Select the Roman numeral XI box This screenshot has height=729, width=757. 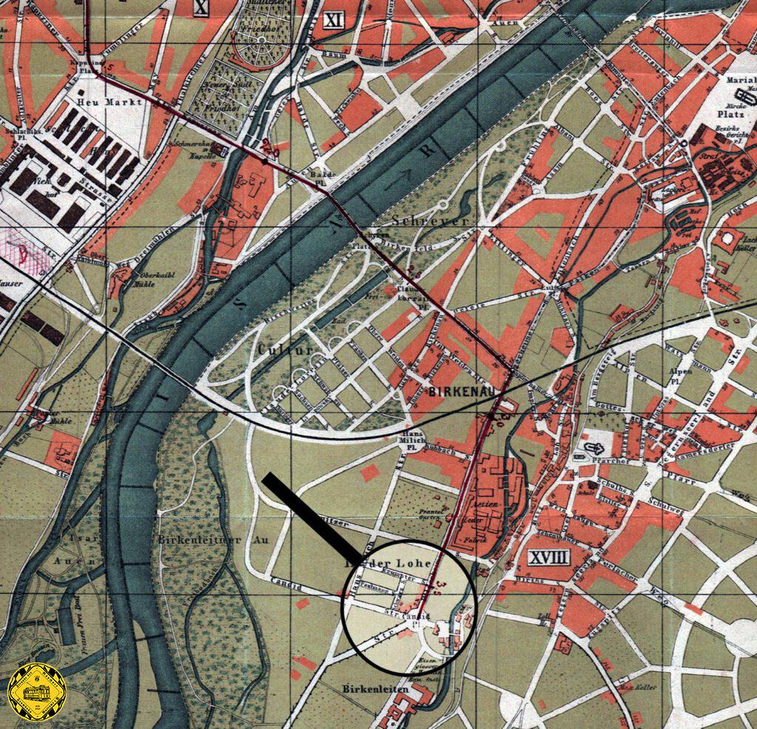334,20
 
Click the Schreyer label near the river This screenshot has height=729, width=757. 420,221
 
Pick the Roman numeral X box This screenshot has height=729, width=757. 200,7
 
